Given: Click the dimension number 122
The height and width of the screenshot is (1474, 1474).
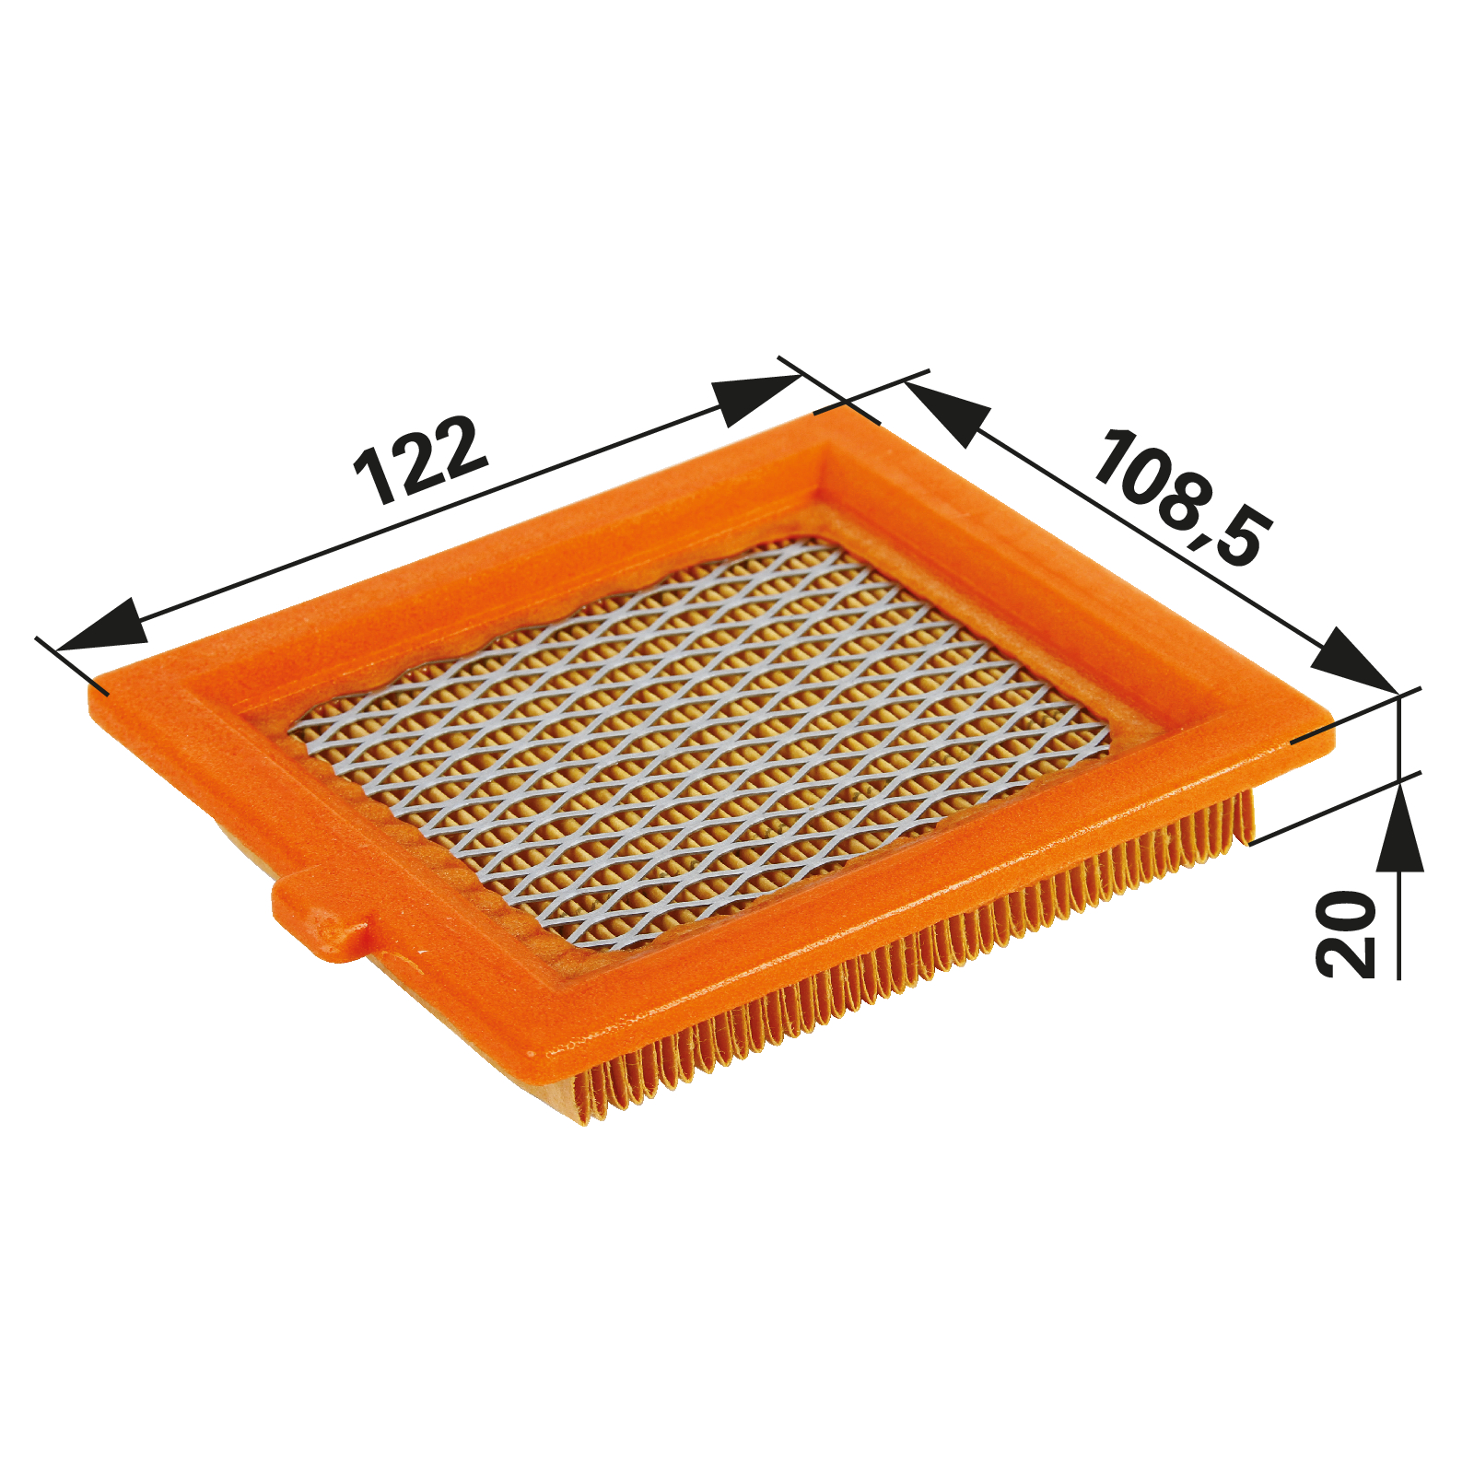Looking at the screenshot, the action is (x=420, y=461).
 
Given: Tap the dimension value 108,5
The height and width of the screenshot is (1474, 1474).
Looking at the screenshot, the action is (x=1184, y=497).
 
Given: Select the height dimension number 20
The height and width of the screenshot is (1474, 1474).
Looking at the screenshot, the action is (x=1346, y=932).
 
